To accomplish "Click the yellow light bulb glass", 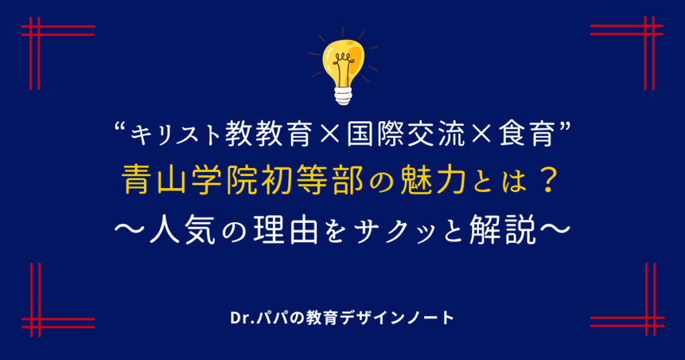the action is [x=343, y=64].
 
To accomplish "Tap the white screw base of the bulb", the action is [x=343, y=95].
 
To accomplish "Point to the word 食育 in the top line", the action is [x=527, y=134].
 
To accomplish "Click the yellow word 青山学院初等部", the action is [x=245, y=179].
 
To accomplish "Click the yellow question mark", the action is [x=547, y=179].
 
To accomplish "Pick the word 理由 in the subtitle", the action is [x=285, y=230].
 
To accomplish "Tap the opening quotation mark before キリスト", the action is [x=120, y=127].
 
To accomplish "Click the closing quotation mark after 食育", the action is [x=564, y=127].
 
